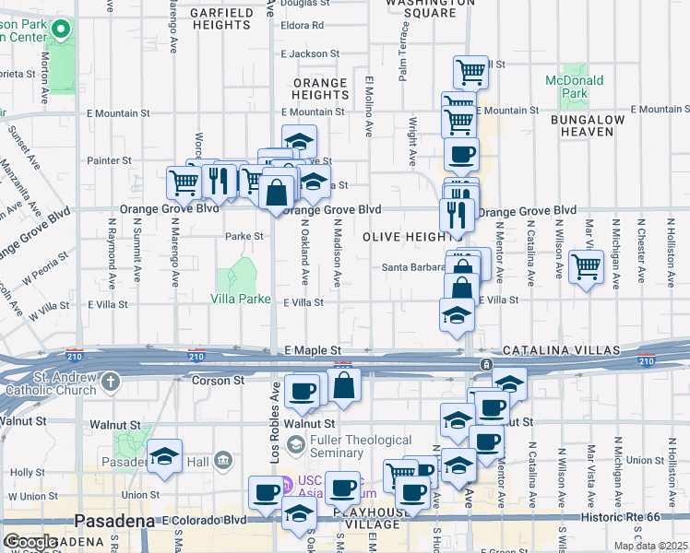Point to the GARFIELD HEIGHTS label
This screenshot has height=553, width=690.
click(223, 18)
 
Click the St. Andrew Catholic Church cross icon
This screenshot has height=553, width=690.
click(111, 380)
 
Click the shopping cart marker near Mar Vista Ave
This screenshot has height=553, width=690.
click(587, 267)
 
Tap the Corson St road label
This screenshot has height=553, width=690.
click(217, 380)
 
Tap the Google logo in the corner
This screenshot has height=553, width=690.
click(30, 542)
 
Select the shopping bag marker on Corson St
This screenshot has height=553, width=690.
click(343, 384)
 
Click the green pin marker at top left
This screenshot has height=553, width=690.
click(61, 29)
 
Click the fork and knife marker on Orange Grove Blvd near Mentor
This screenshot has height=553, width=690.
click(457, 213)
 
